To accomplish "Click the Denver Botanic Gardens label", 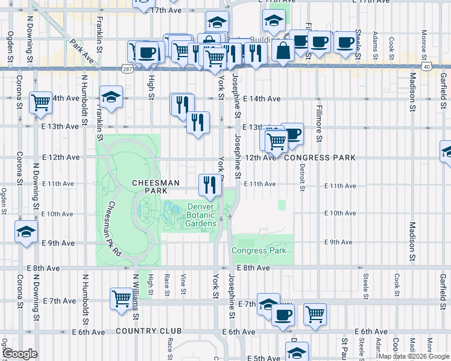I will click(x=192, y=215).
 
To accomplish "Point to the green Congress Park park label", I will click(x=259, y=250).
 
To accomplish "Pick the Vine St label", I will click(x=183, y=285).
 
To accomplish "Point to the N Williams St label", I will click(x=137, y=298).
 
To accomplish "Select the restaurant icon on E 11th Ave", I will click(x=209, y=185).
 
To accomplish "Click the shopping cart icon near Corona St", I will click(x=40, y=103).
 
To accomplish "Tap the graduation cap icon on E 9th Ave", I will click(x=27, y=232).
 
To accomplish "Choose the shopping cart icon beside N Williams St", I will click(x=121, y=298).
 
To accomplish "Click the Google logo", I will click(x=20, y=354).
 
